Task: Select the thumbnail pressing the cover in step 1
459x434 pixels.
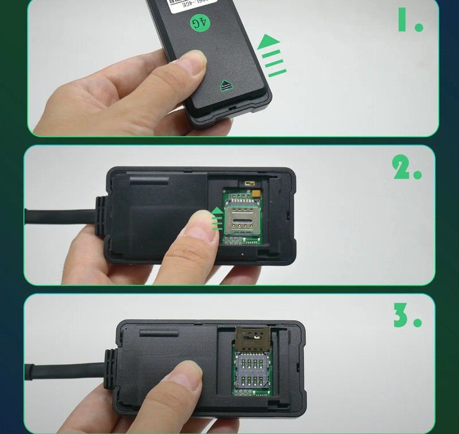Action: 192,63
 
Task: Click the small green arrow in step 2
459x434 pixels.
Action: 216,219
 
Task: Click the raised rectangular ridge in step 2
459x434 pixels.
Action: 149,180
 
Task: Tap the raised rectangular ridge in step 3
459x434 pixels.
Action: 159,333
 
